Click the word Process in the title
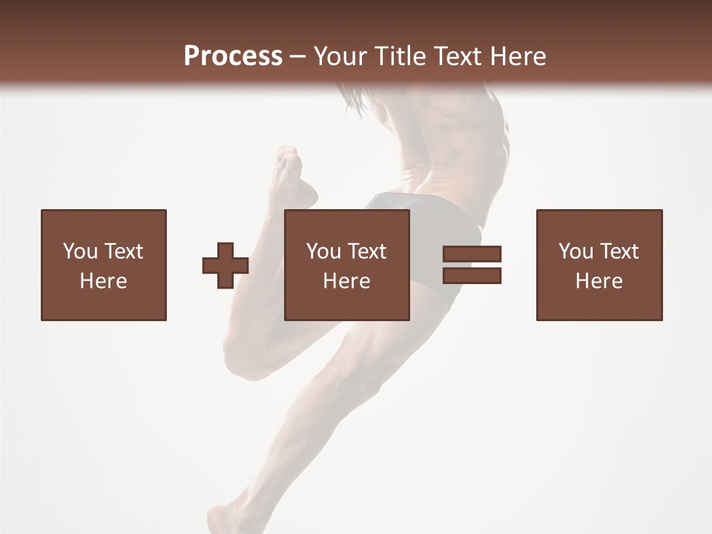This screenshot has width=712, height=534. click(233, 56)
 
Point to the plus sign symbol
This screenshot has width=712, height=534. click(225, 266)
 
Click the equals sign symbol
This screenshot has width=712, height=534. click(472, 265)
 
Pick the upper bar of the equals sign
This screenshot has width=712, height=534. click(472, 254)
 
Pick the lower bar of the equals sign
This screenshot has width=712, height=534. click(472, 275)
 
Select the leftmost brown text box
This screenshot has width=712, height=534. click(104, 265)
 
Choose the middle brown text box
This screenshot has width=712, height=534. click(347, 265)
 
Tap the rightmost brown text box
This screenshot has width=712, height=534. click(599, 265)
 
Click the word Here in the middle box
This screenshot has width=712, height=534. click(347, 281)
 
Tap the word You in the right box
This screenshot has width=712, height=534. click(577, 251)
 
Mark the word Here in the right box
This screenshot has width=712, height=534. click(599, 281)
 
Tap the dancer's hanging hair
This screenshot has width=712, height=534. click(355, 100)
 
